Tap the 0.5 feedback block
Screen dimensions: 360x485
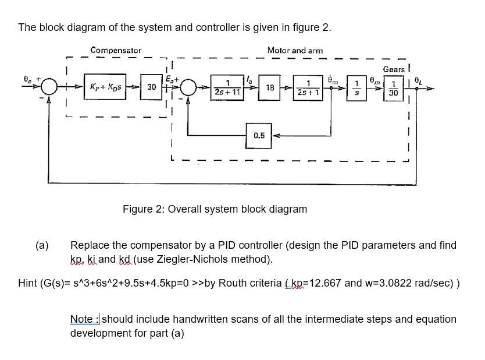pos(259,136)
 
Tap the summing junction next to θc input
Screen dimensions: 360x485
pos(50,88)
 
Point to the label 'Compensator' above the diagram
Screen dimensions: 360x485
pos(116,51)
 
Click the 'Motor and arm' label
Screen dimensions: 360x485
pos(295,51)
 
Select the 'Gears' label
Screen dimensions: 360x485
pos(394,69)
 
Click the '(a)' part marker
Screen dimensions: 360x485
pos(42,245)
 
